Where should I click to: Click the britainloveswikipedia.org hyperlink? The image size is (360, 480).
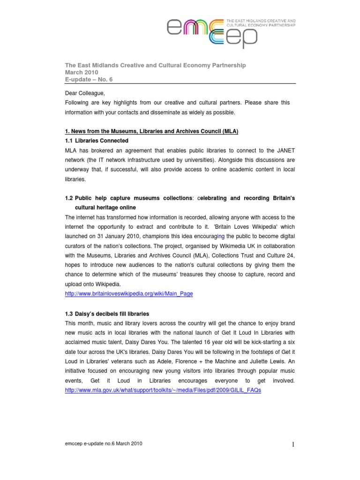point(128,293)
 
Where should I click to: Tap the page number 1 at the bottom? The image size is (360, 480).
point(292,445)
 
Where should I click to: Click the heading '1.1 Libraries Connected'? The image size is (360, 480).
point(97,141)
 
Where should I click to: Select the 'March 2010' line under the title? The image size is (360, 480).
point(81,73)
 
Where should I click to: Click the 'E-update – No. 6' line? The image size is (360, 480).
point(89,80)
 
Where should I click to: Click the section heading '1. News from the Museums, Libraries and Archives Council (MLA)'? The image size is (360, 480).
point(151,131)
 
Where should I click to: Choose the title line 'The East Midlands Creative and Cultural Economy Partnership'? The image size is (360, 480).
point(155,65)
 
